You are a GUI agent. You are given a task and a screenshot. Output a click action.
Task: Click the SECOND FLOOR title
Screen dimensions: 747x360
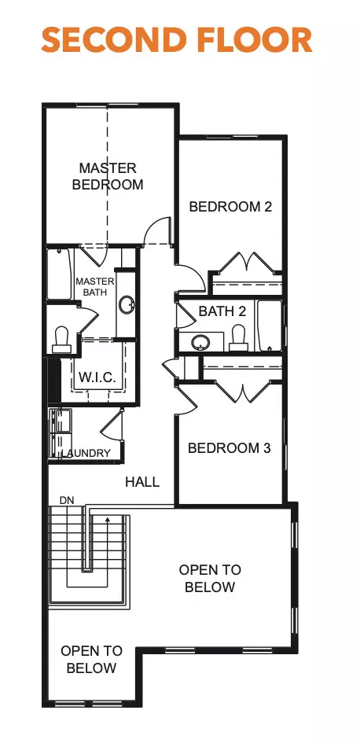pos(177,39)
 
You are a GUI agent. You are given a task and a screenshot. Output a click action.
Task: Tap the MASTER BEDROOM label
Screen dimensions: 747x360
pos(108,176)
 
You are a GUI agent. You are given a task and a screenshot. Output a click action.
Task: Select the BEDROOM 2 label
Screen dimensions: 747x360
pos(230,207)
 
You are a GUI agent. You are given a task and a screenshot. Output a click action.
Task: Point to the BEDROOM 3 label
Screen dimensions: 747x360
pos(229,447)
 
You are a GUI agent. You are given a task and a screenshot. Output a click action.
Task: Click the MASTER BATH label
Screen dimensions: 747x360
pos(95,287)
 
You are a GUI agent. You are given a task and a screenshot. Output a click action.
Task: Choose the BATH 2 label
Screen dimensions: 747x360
pos(222,311)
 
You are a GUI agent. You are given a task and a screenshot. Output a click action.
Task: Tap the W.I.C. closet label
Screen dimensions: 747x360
pos(97,377)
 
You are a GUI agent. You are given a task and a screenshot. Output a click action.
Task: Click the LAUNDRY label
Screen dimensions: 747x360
pos(87,454)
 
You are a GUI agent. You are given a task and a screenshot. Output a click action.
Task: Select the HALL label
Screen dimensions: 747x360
pos(142,481)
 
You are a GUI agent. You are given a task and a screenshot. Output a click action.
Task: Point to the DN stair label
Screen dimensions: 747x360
pos(67,500)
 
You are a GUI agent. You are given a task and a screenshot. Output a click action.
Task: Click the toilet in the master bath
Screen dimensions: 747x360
pos(61,338)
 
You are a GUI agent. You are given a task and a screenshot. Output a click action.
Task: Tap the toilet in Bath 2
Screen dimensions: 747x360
pos(237,338)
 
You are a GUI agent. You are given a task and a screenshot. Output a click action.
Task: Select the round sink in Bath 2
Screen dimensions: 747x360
pos(201,342)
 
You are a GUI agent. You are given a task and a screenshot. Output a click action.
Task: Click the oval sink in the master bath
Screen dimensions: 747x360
pos(126,306)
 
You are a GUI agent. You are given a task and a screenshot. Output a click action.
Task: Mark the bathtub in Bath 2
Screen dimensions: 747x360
pos(270,326)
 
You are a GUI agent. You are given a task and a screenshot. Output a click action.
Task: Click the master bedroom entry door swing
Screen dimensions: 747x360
pos(159,231)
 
